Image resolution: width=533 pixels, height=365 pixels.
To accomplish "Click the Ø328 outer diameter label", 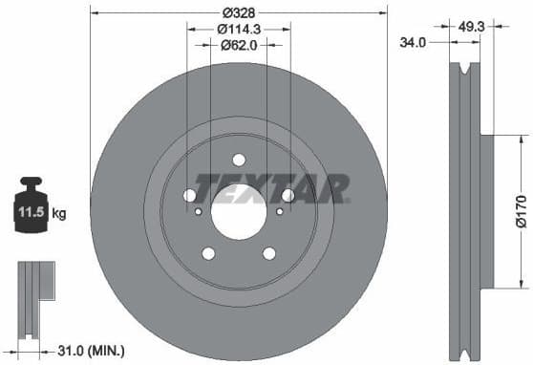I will [x=238, y=12].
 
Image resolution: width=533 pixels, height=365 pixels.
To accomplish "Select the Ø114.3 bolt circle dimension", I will [x=238, y=29].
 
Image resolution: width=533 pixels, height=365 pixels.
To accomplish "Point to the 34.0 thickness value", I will [x=413, y=42].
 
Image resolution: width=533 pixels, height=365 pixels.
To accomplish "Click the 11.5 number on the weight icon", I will [x=28, y=213].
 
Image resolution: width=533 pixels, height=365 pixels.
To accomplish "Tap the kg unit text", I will [x=59, y=213].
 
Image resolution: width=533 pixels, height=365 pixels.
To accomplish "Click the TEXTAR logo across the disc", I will [x=272, y=188].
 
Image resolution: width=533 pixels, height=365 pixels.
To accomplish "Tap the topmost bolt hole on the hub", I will [x=239, y=160].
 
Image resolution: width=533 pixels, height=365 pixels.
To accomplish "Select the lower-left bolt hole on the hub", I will [x=208, y=253].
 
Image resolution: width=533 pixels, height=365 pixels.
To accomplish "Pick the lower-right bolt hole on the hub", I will [x=268, y=253].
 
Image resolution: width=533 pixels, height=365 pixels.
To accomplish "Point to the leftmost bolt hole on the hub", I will [x=189, y=196].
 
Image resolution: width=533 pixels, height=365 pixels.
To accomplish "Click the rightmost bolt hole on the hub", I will [x=288, y=195].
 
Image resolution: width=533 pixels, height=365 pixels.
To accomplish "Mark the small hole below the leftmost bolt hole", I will [x=199, y=212].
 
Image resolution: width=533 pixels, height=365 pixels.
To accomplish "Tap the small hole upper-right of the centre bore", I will [x=278, y=182].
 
